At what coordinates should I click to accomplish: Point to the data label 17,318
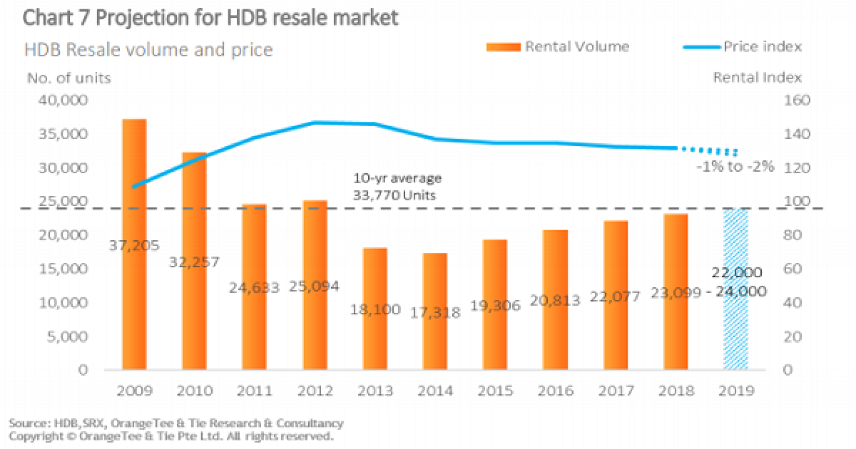point(434,311)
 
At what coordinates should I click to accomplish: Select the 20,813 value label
point(555,304)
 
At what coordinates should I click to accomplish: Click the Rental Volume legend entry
point(557,47)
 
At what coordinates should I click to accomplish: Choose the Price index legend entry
point(742,47)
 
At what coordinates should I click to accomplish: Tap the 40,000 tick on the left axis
point(61,100)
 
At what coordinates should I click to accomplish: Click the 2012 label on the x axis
point(314,391)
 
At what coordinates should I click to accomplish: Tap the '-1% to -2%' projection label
point(735,168)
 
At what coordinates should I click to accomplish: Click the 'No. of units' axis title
point(68,78)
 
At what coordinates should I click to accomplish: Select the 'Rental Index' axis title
point(758,78)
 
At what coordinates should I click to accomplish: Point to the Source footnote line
point(176,423)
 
